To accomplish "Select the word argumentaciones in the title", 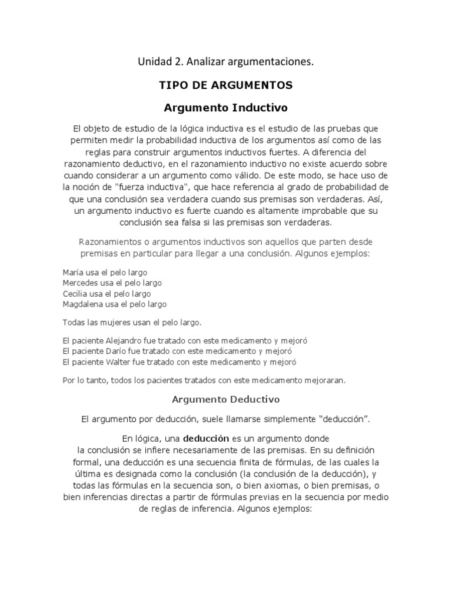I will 274,61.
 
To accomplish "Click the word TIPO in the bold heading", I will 172,85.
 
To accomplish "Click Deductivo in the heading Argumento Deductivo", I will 252,399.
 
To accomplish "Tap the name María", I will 73,273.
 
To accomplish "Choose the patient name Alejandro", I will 124,341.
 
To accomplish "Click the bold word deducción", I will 207,439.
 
